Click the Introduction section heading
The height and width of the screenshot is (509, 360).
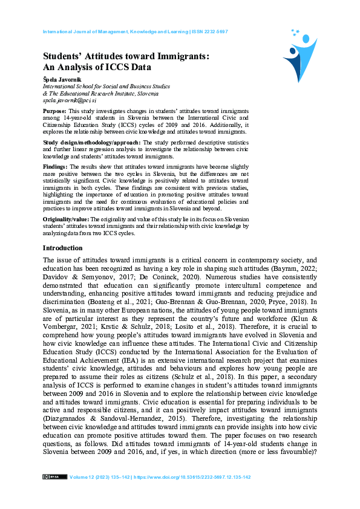click(62, 248)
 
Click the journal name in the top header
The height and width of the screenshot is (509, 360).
click(116, 31)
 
